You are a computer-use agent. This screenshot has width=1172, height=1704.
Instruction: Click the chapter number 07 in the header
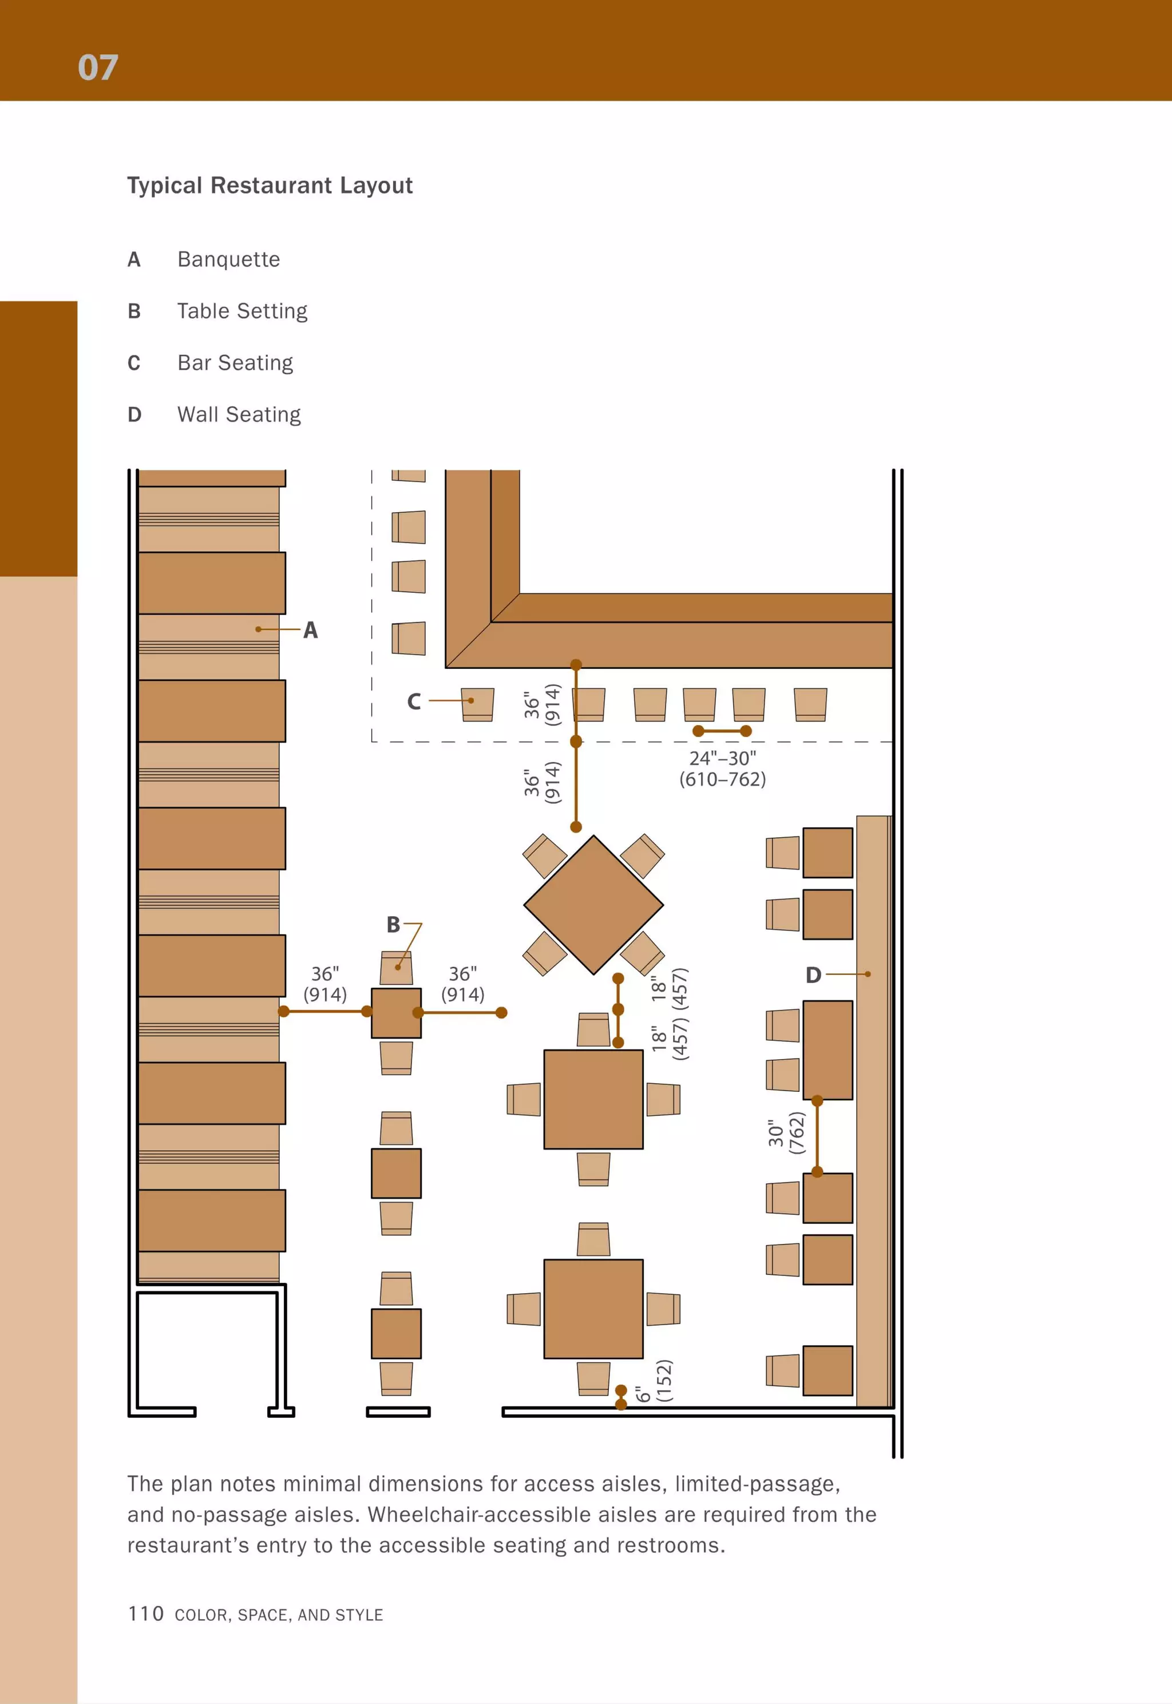point(98,68)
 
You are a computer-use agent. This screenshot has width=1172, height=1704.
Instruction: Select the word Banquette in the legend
point(228,259)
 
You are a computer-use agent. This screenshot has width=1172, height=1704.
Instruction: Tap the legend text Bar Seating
point(235,363)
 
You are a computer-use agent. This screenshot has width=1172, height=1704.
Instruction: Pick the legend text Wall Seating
point(239,415)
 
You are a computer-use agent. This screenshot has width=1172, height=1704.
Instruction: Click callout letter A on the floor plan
point(311,630)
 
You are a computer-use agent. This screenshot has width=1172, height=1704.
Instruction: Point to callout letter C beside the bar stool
point(414,702)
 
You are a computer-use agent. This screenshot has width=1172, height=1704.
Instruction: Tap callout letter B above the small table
point(394,924)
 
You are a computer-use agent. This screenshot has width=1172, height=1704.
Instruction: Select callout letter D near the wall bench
point(813,975)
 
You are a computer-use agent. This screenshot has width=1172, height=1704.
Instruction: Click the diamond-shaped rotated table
point(593,905)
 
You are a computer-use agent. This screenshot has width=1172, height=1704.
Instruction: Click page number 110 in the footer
point(145,1614)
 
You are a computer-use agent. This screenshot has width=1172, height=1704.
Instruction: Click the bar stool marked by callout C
point(477,704)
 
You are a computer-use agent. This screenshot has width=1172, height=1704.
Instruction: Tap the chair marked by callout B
point(396,968)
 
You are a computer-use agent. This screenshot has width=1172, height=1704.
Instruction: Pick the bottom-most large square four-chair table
point(593,1309)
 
